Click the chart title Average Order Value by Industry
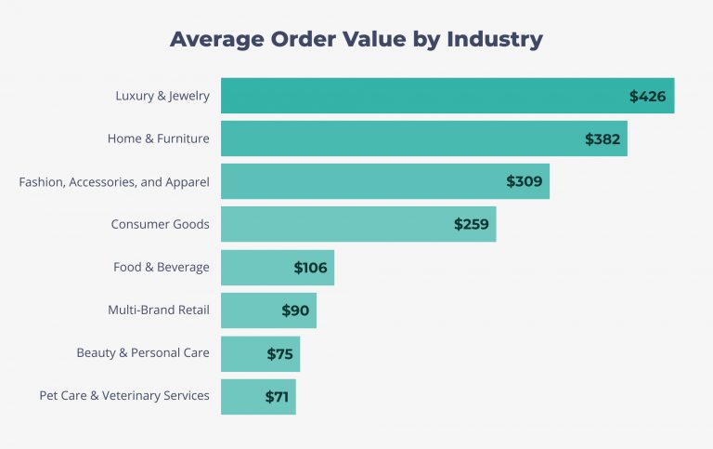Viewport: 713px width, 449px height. (x=356, y=40)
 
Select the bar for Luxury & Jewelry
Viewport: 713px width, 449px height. (x=418, y=96)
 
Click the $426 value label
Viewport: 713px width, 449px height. (x=647, y=96)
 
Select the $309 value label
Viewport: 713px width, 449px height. (x=525, y=181)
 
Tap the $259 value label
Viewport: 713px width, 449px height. (x=472, y=224)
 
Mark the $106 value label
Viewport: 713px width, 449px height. (x=311, y=268)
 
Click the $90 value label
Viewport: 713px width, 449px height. (x=295, y=310)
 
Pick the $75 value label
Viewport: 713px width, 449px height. (x=279, y=353)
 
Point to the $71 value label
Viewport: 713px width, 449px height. (x=277, y=396)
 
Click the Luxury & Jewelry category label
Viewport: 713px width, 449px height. (x=162, y=96)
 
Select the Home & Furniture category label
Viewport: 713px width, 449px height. (x=158, y=139)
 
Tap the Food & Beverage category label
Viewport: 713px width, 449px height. (x=162, y=268)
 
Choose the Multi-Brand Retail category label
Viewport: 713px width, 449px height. (x=159, y=310)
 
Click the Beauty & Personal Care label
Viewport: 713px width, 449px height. (x=143, y=353)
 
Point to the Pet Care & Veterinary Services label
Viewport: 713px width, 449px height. (x=124, y=396)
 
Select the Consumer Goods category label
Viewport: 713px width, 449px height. (x=160, y=224)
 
